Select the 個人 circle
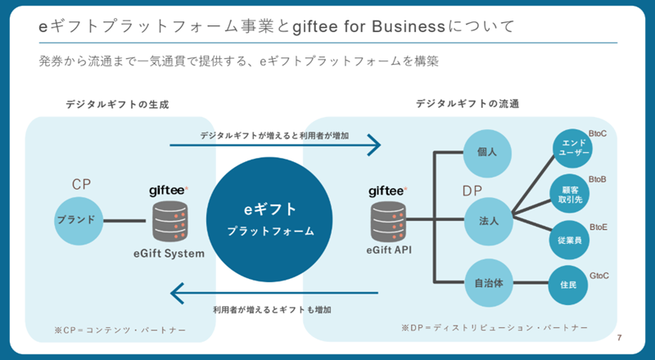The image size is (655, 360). tap(488, 151)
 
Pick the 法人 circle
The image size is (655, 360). tap(488, 220)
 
